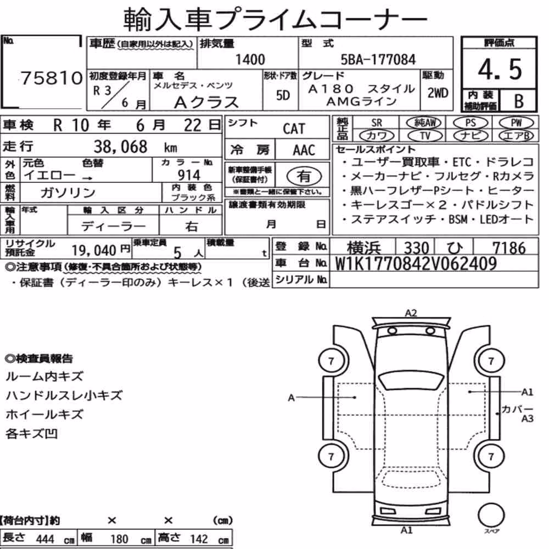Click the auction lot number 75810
pyautogui.click(x=52, y=78)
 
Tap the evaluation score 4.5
pyautogui.click(x=500, y=69)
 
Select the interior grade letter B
pyautogui.click(x=519, y=101)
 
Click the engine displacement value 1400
pyautogui.click(x=250, y=59)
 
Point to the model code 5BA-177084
pyautogui.click(x=378, y=59)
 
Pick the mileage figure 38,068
pyautogui.click(x=120, y=147)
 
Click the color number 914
pyautogui.click(x=189, y=175)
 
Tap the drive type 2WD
pyautogui.click(x=438, y=93)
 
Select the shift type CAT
pyautogui.click(x=294, y=129)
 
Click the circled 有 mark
pyautogui.click(x=304, y=176)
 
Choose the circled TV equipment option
pyautogui.click(x=425, y=136)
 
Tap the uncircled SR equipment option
pyautogui.click(x=377, y=123)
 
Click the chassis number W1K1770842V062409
pyautogui.click(x=416, y=264)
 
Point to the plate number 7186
pyautogui.click(x=509, y=248)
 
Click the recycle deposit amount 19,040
pyautogui.click(x=94, y=250)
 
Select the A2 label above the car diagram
pyautogui.click(x=411, y=313)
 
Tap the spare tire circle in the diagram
pyautogui.click(x=491, y=516)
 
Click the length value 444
pyautogui.click(x=45, y=539)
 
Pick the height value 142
pyautogui.click(x=199, y=539)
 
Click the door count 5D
pyautogui.click(x=283, y=95)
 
